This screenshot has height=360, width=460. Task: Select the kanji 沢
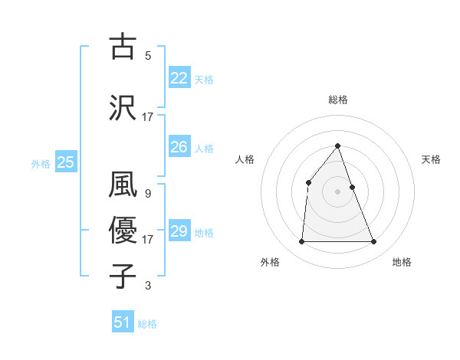(x=123, y=107)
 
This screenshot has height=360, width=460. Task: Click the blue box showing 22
(x=179, y=78)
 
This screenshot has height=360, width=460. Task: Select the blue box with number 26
(x=179, y=147)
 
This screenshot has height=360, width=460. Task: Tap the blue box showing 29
(x=179, y=231)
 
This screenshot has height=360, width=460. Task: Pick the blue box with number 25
(x=66, y=162)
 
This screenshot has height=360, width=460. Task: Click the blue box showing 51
(x=123, y=322)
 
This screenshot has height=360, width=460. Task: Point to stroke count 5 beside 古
(x=148, y=55)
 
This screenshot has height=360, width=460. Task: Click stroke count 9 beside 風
(x=147, y=193)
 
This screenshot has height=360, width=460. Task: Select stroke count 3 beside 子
(x=148, y=286)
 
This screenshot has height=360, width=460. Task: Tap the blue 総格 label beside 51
(x=147, y=324)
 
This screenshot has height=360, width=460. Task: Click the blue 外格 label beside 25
(x=41, y=163)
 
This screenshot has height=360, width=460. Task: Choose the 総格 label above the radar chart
(x=337, y=100)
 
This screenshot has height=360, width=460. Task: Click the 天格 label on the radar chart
(x=431, y=159)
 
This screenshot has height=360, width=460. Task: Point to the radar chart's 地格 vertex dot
(x=374, y=242)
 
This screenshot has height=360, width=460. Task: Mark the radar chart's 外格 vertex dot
(x=301, y=242)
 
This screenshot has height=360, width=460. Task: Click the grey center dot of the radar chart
(x=337, y=191)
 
